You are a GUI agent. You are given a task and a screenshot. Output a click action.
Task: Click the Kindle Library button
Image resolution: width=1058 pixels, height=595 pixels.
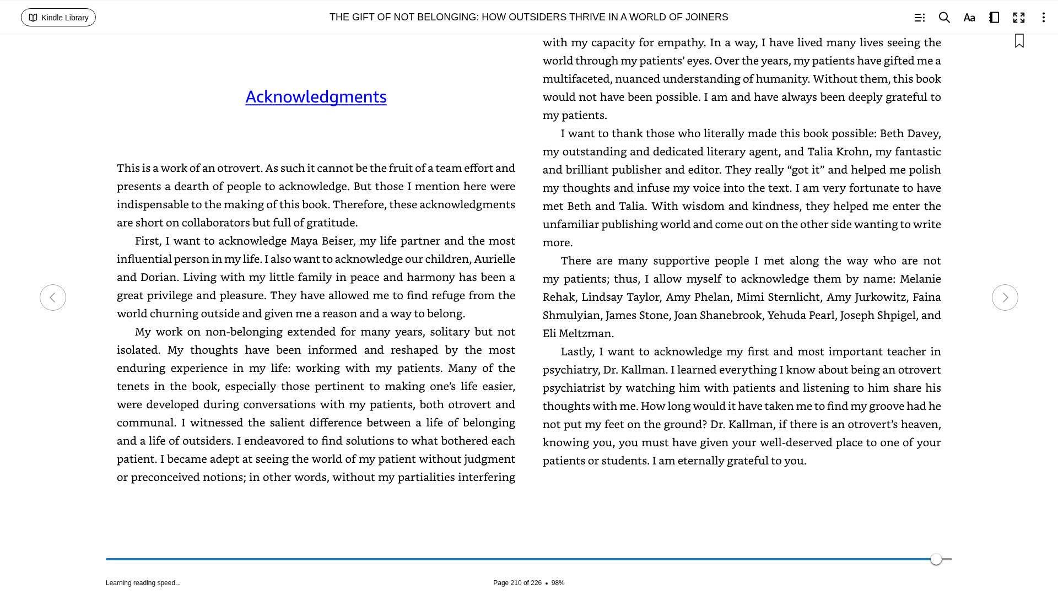point(58,18)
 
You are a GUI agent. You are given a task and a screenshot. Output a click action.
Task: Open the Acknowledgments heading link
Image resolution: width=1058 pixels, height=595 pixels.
point(316,96)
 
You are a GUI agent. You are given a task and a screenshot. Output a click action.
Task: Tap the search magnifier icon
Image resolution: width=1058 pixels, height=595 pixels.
point(944,18)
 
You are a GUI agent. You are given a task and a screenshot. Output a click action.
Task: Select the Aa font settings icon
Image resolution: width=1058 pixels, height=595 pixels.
point(969,18)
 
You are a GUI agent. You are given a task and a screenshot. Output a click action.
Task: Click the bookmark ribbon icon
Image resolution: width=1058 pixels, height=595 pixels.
point(1019,41)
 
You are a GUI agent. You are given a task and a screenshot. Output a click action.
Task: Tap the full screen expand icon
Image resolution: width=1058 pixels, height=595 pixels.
point(1018,18)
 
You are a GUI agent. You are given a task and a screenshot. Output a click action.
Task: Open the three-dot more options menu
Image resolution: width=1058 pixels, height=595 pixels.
point(1043,18)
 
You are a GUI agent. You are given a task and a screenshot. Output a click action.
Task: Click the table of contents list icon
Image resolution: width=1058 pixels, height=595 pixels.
point(919,18)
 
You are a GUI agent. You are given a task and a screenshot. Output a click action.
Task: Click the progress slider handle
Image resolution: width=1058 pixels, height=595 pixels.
point(936,559)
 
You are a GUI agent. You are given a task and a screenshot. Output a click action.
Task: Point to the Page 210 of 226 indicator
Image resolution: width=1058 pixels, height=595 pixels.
point(517,583)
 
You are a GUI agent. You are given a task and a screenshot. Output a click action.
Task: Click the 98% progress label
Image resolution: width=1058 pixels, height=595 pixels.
point(558,583)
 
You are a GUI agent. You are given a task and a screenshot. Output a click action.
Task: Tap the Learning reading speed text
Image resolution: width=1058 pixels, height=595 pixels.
point(143,583)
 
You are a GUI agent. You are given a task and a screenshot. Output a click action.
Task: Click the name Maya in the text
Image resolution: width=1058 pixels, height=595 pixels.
point(304,241)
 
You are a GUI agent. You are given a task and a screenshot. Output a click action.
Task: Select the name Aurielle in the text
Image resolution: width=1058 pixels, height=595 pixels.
point(494,259)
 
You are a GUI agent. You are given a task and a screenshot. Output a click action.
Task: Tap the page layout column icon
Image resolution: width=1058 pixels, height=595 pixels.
point(994,18)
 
